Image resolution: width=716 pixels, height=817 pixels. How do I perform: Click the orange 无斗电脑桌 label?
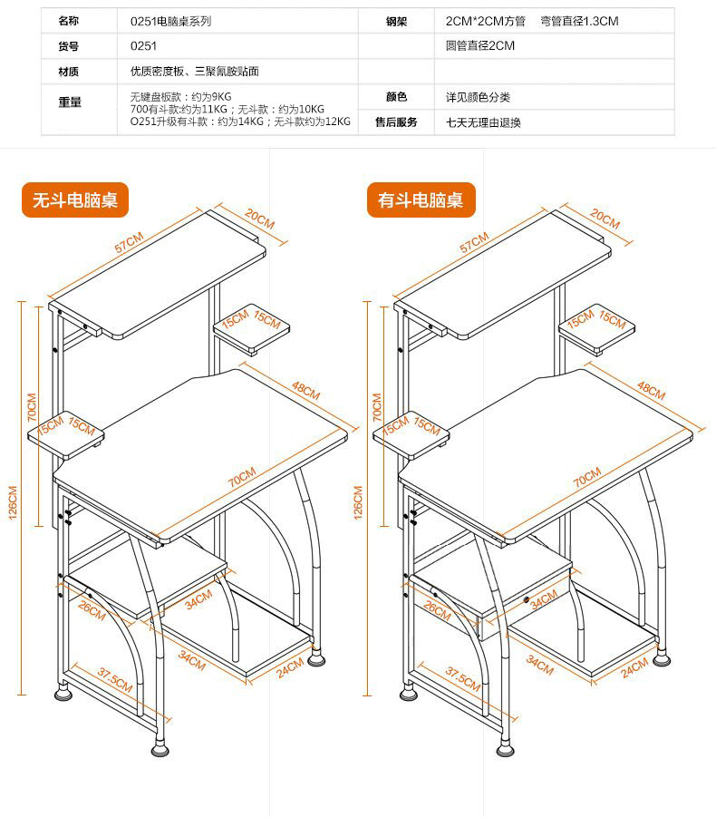pyautogui.click(x=75, y=200)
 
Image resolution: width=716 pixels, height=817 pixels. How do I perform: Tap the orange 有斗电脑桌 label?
pyautogui.click(x=421, y=200)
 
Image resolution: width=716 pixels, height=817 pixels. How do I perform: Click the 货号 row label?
pyautogui.click(x=69, y=45)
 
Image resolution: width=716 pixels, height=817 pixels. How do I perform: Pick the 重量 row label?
pyautogui.click(x=70, y=102)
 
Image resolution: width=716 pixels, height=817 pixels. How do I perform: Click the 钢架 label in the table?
pyautogui.click(x=396, y=21)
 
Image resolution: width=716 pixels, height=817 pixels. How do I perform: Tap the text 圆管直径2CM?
pyautogui.click(x=479, y=45)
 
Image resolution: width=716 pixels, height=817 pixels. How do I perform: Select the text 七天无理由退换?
pyautogui.click(x=483, y=122)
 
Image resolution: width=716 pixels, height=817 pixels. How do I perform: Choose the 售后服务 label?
pyautogui.click(x=396, y=122)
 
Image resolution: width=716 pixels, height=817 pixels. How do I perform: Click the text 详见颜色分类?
pyautogui.click(x=478, y=97)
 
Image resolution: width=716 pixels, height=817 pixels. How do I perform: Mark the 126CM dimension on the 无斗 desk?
pyautogui.click(x=13, y=502)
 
